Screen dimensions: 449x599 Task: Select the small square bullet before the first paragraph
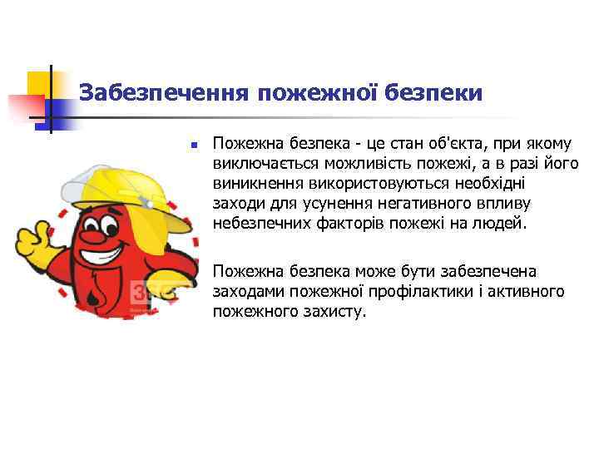click(x=192, y=145)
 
